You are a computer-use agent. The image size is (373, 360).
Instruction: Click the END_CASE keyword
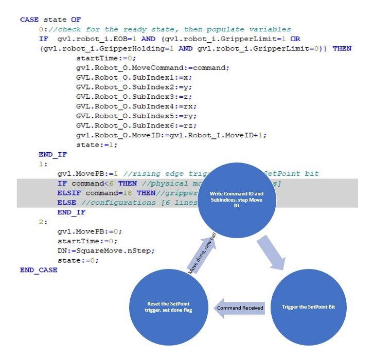(x=39, y=269)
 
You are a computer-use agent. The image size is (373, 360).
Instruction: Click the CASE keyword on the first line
(x=29, y=20)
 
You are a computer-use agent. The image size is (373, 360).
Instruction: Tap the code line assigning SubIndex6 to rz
(x=117, y=125)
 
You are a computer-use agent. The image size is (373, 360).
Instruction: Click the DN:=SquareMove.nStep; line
(x=105, y=250)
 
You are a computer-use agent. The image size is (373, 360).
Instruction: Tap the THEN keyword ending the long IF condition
(x=342, y=48)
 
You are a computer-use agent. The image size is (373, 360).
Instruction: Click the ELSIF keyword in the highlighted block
(x=68, y=193)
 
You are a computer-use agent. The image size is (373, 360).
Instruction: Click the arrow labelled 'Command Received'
(x=240, y=308)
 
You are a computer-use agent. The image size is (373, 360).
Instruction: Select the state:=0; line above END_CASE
(x=78, y=260)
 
